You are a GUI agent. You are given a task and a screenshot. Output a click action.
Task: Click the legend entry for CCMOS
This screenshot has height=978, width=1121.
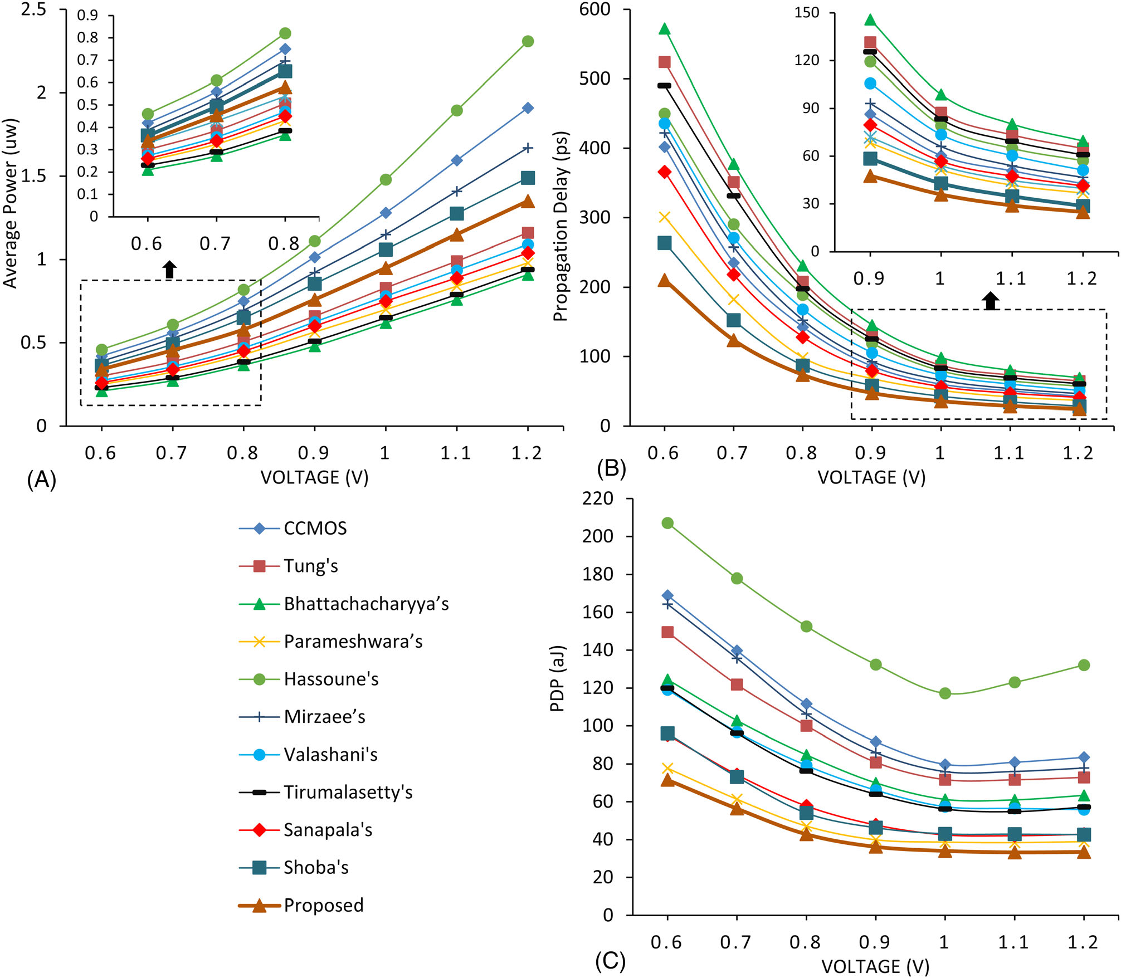[315, 528]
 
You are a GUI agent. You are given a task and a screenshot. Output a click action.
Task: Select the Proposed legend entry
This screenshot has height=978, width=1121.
[323, 905]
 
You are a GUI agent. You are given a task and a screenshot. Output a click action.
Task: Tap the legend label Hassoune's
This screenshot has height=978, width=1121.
[331, 679]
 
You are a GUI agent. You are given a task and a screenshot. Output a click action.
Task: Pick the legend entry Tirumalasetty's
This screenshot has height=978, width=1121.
[348, 792]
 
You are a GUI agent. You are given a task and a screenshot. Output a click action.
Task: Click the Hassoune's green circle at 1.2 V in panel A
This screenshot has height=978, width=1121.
[528, 41]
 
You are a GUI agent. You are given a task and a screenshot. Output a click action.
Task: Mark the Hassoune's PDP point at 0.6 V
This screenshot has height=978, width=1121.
[667, 523]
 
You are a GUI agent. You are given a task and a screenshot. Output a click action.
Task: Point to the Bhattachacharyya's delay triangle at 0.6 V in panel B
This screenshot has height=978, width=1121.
[664, 29]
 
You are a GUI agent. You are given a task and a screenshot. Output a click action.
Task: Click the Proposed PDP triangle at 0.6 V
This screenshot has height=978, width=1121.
[667, 780]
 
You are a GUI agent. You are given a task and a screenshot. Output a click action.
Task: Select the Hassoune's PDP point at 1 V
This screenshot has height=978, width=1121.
[945, 693]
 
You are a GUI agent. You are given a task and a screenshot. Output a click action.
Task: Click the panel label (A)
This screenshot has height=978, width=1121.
[41, 480]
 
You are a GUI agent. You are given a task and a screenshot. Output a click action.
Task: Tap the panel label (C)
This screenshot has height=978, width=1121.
[610, 961]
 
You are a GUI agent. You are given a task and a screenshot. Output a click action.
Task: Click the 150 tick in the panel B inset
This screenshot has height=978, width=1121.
[807, 13]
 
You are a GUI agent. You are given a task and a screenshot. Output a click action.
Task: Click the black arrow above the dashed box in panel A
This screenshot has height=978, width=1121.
[170, 269]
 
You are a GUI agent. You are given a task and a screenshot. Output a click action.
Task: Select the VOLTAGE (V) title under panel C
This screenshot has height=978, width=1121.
[875, 966]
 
